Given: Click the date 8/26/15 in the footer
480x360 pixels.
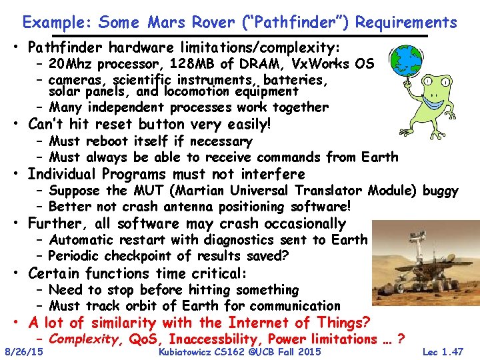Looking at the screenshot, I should point(24,351).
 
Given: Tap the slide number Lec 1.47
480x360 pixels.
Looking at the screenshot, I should point(443,351).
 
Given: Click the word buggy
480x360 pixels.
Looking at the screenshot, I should point(441,191).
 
